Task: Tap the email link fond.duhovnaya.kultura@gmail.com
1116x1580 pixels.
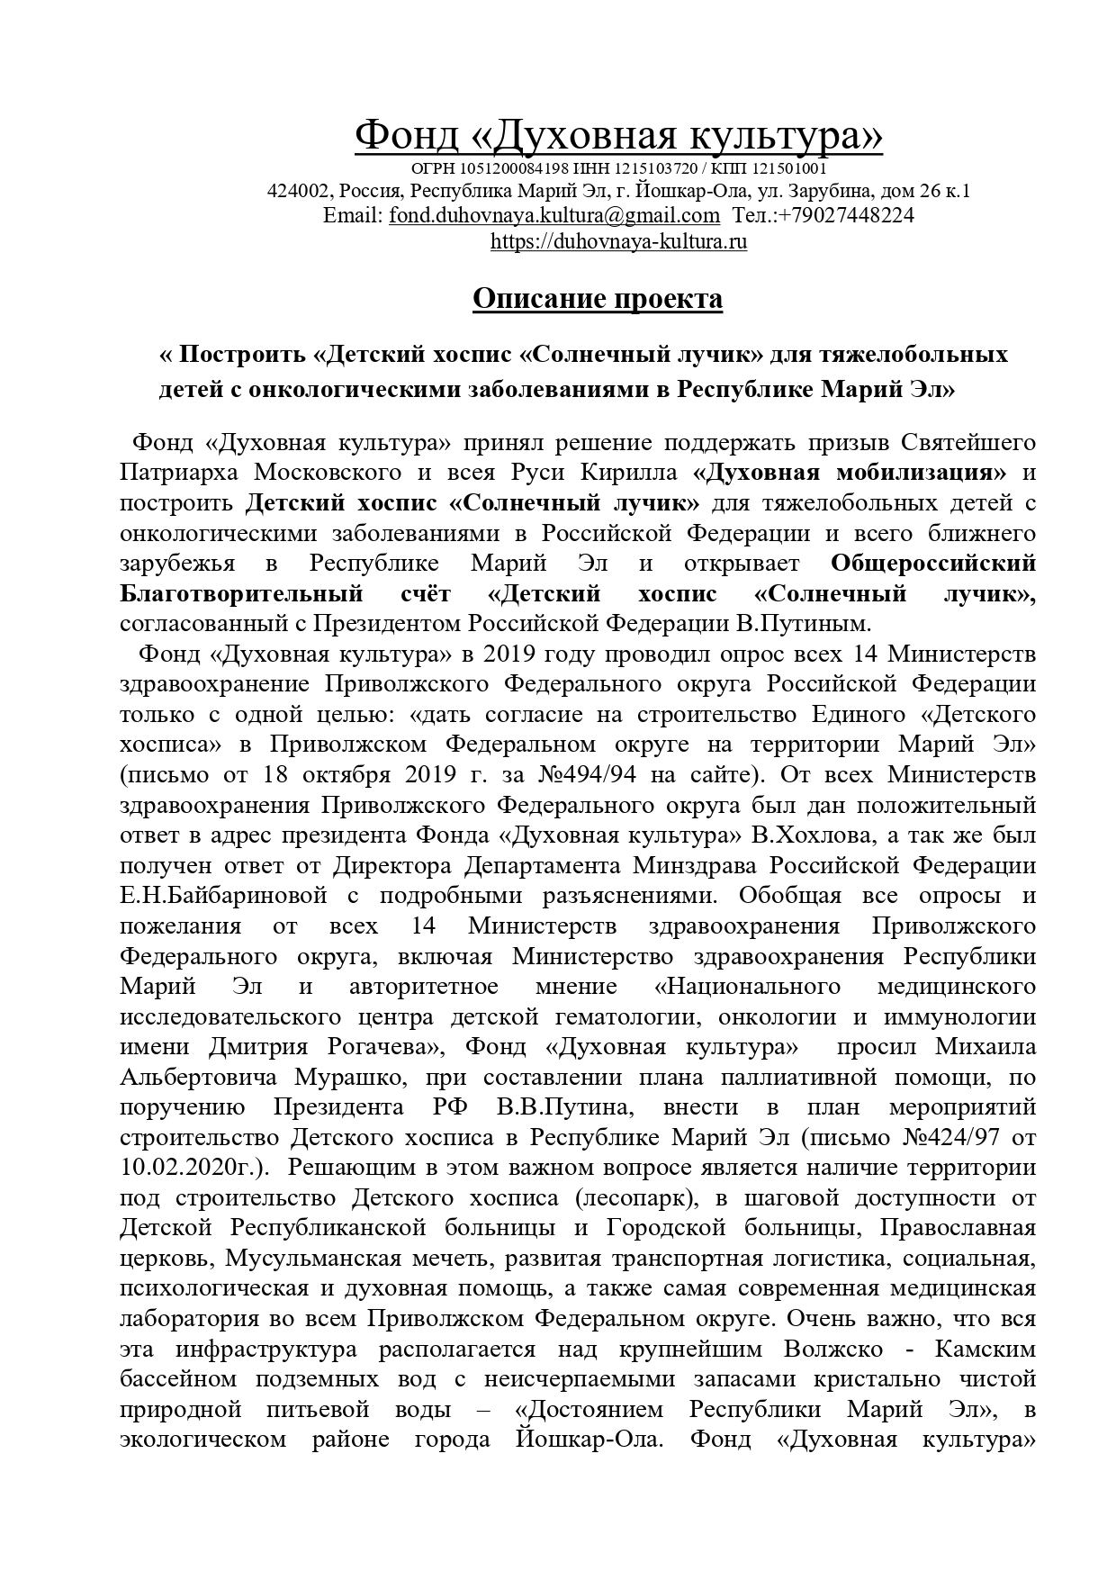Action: coord(553,216)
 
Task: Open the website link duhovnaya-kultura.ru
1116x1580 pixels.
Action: coord(618,242)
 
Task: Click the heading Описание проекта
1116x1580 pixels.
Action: coord(598,298)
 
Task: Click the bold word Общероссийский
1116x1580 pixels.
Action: coord(932,564)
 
